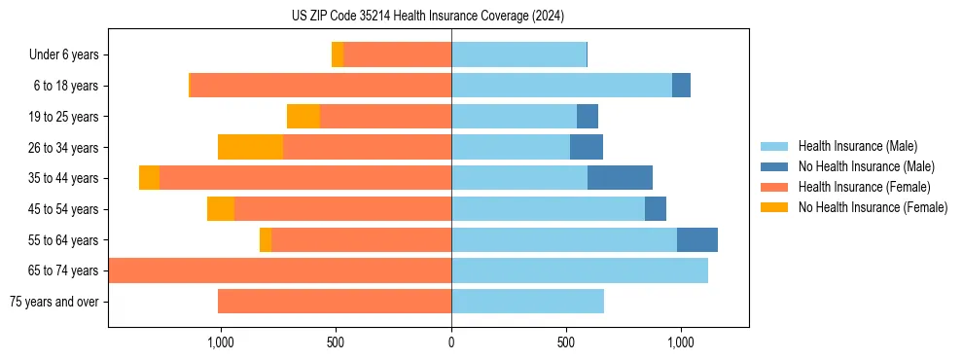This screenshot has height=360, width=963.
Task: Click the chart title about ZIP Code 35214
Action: click(x=428, y=16)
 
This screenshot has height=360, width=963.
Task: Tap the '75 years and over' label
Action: click(x=54, y=302)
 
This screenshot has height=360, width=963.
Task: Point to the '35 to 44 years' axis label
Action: click(x=64, y=178)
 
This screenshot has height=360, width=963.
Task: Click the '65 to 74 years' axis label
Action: click(x=64, y=270)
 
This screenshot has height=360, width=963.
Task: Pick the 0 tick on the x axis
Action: click(x=451, y=342)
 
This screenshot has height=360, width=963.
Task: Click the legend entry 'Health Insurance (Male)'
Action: click(x=858, y=146)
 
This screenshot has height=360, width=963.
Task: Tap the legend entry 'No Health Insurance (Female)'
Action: click(x=873, y=207)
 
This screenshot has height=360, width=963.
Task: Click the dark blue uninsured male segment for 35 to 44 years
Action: click(x=620, y=178)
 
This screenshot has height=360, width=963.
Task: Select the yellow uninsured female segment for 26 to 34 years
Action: click(x=250, y=147)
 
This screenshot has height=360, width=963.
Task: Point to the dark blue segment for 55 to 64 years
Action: click(x=697, y=239)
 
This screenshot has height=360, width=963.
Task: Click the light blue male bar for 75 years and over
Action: click(x=527, y=302)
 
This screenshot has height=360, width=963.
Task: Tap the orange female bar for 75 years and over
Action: click(x=335, y=302)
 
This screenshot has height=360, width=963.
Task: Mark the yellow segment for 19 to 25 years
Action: click(x=303, y=117)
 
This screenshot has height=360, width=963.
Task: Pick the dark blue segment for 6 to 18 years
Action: click(x=681, y=86)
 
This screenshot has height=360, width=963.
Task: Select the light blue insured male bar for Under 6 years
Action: click(x=518, y=55)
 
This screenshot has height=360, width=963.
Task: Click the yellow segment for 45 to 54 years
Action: click(x=221, y=209)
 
